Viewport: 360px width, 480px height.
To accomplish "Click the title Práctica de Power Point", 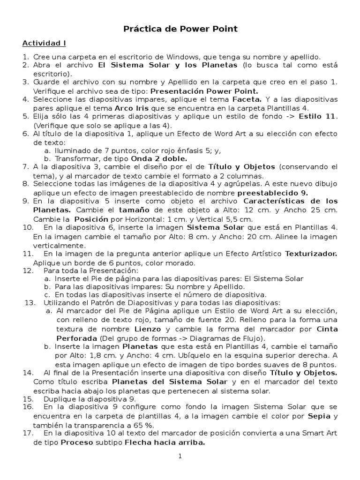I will point(180,29).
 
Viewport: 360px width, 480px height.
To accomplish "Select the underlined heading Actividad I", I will point(45,44).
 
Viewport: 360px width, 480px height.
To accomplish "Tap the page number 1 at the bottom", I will point(180,456).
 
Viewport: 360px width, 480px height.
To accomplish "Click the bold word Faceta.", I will point(247,99).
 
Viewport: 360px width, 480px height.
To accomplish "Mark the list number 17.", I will point(27,433).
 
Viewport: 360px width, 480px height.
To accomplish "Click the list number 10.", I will point(27,227).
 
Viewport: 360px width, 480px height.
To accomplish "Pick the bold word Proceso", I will point(75,442).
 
